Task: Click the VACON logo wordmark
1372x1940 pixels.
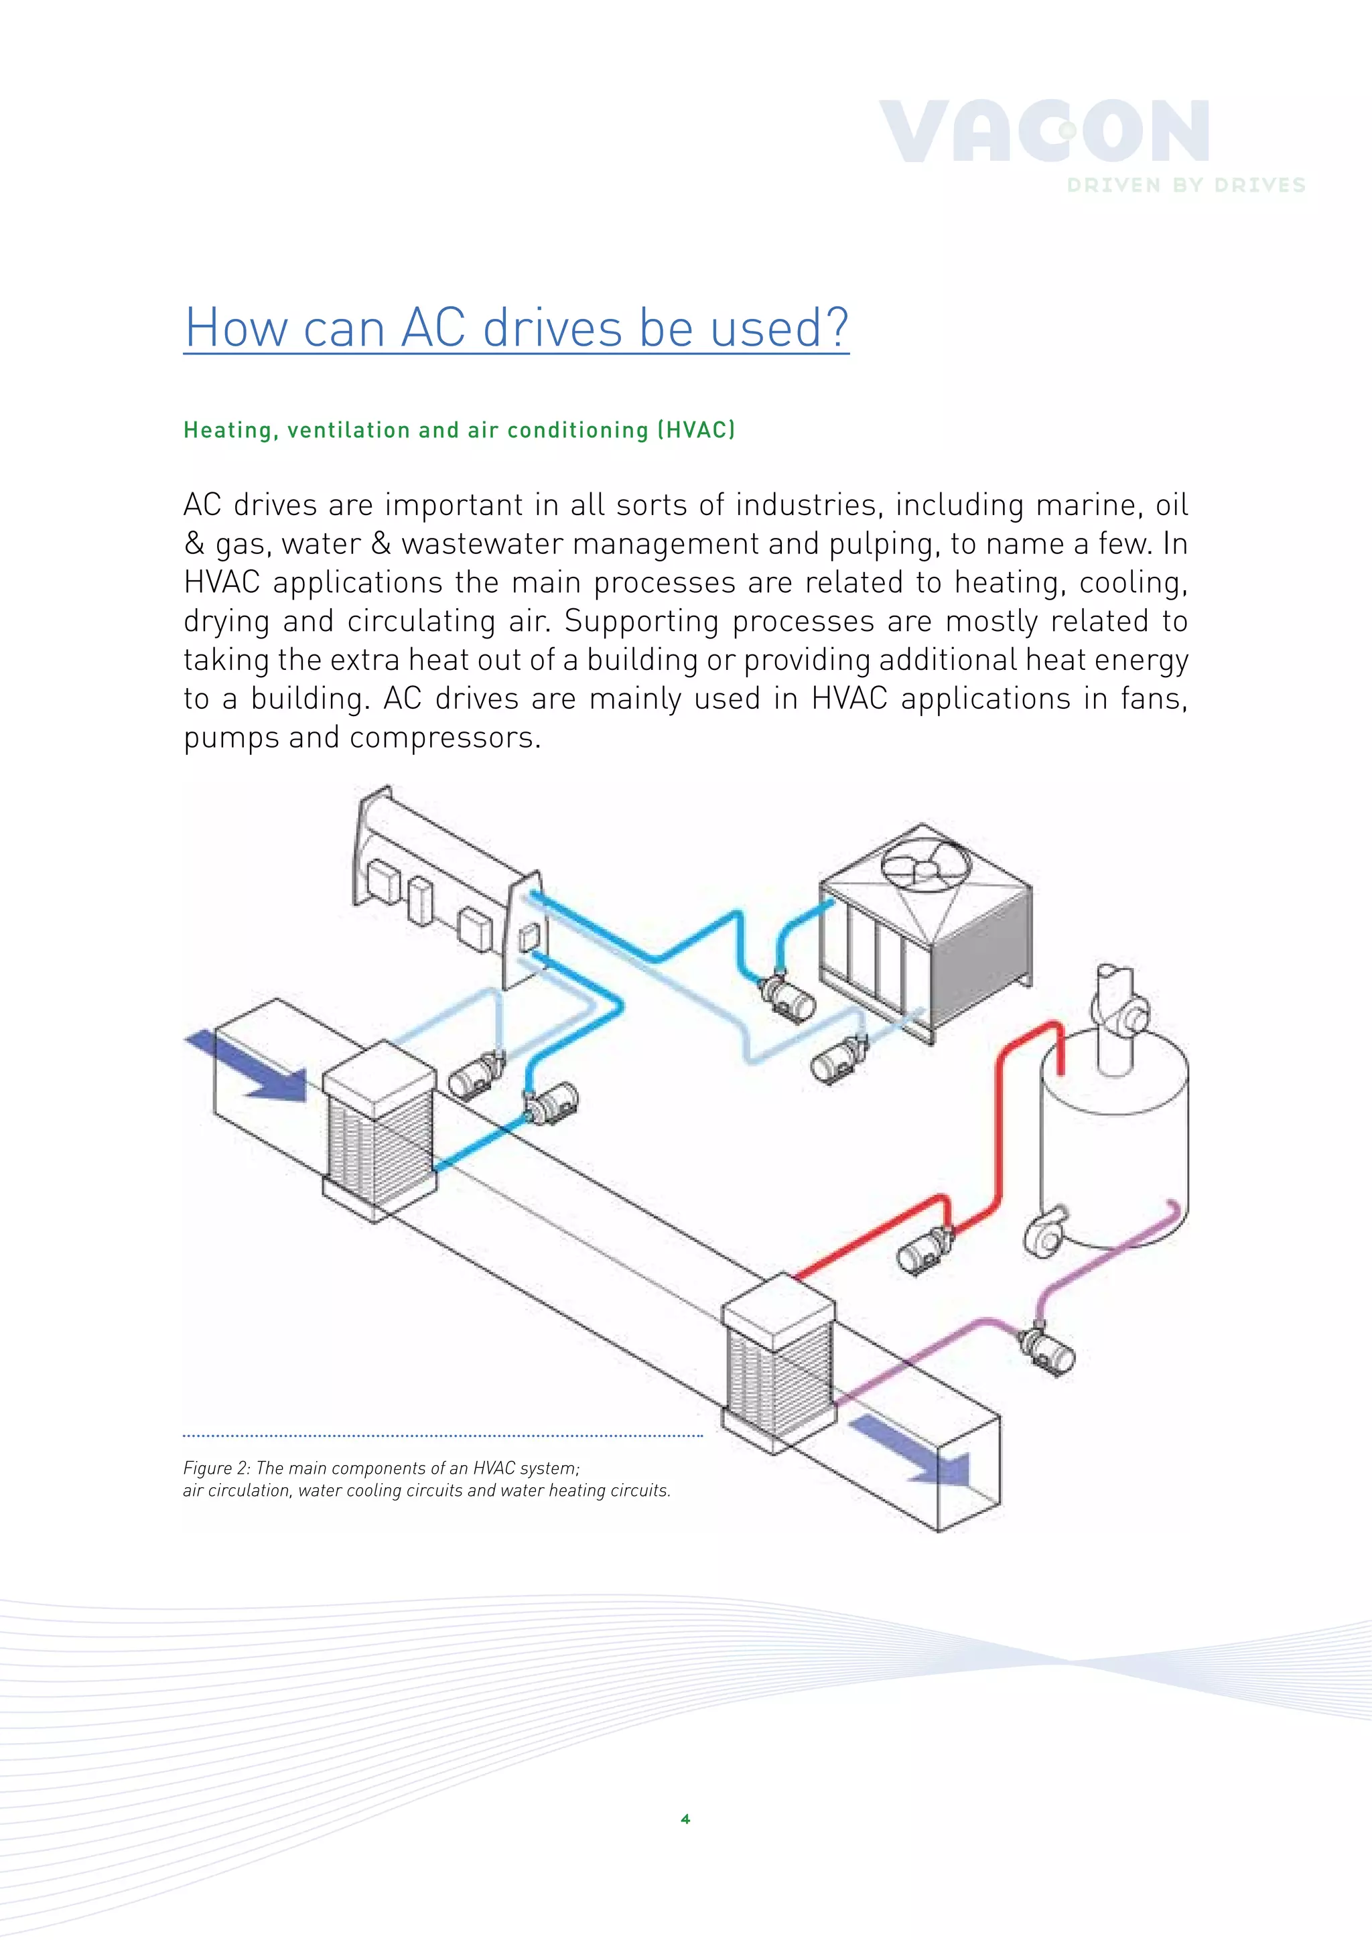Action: click(x=1044, y=132)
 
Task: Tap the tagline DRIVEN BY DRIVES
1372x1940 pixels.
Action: click(x=1186, y=186)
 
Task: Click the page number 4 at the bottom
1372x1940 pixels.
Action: click(x=685, y=1819)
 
